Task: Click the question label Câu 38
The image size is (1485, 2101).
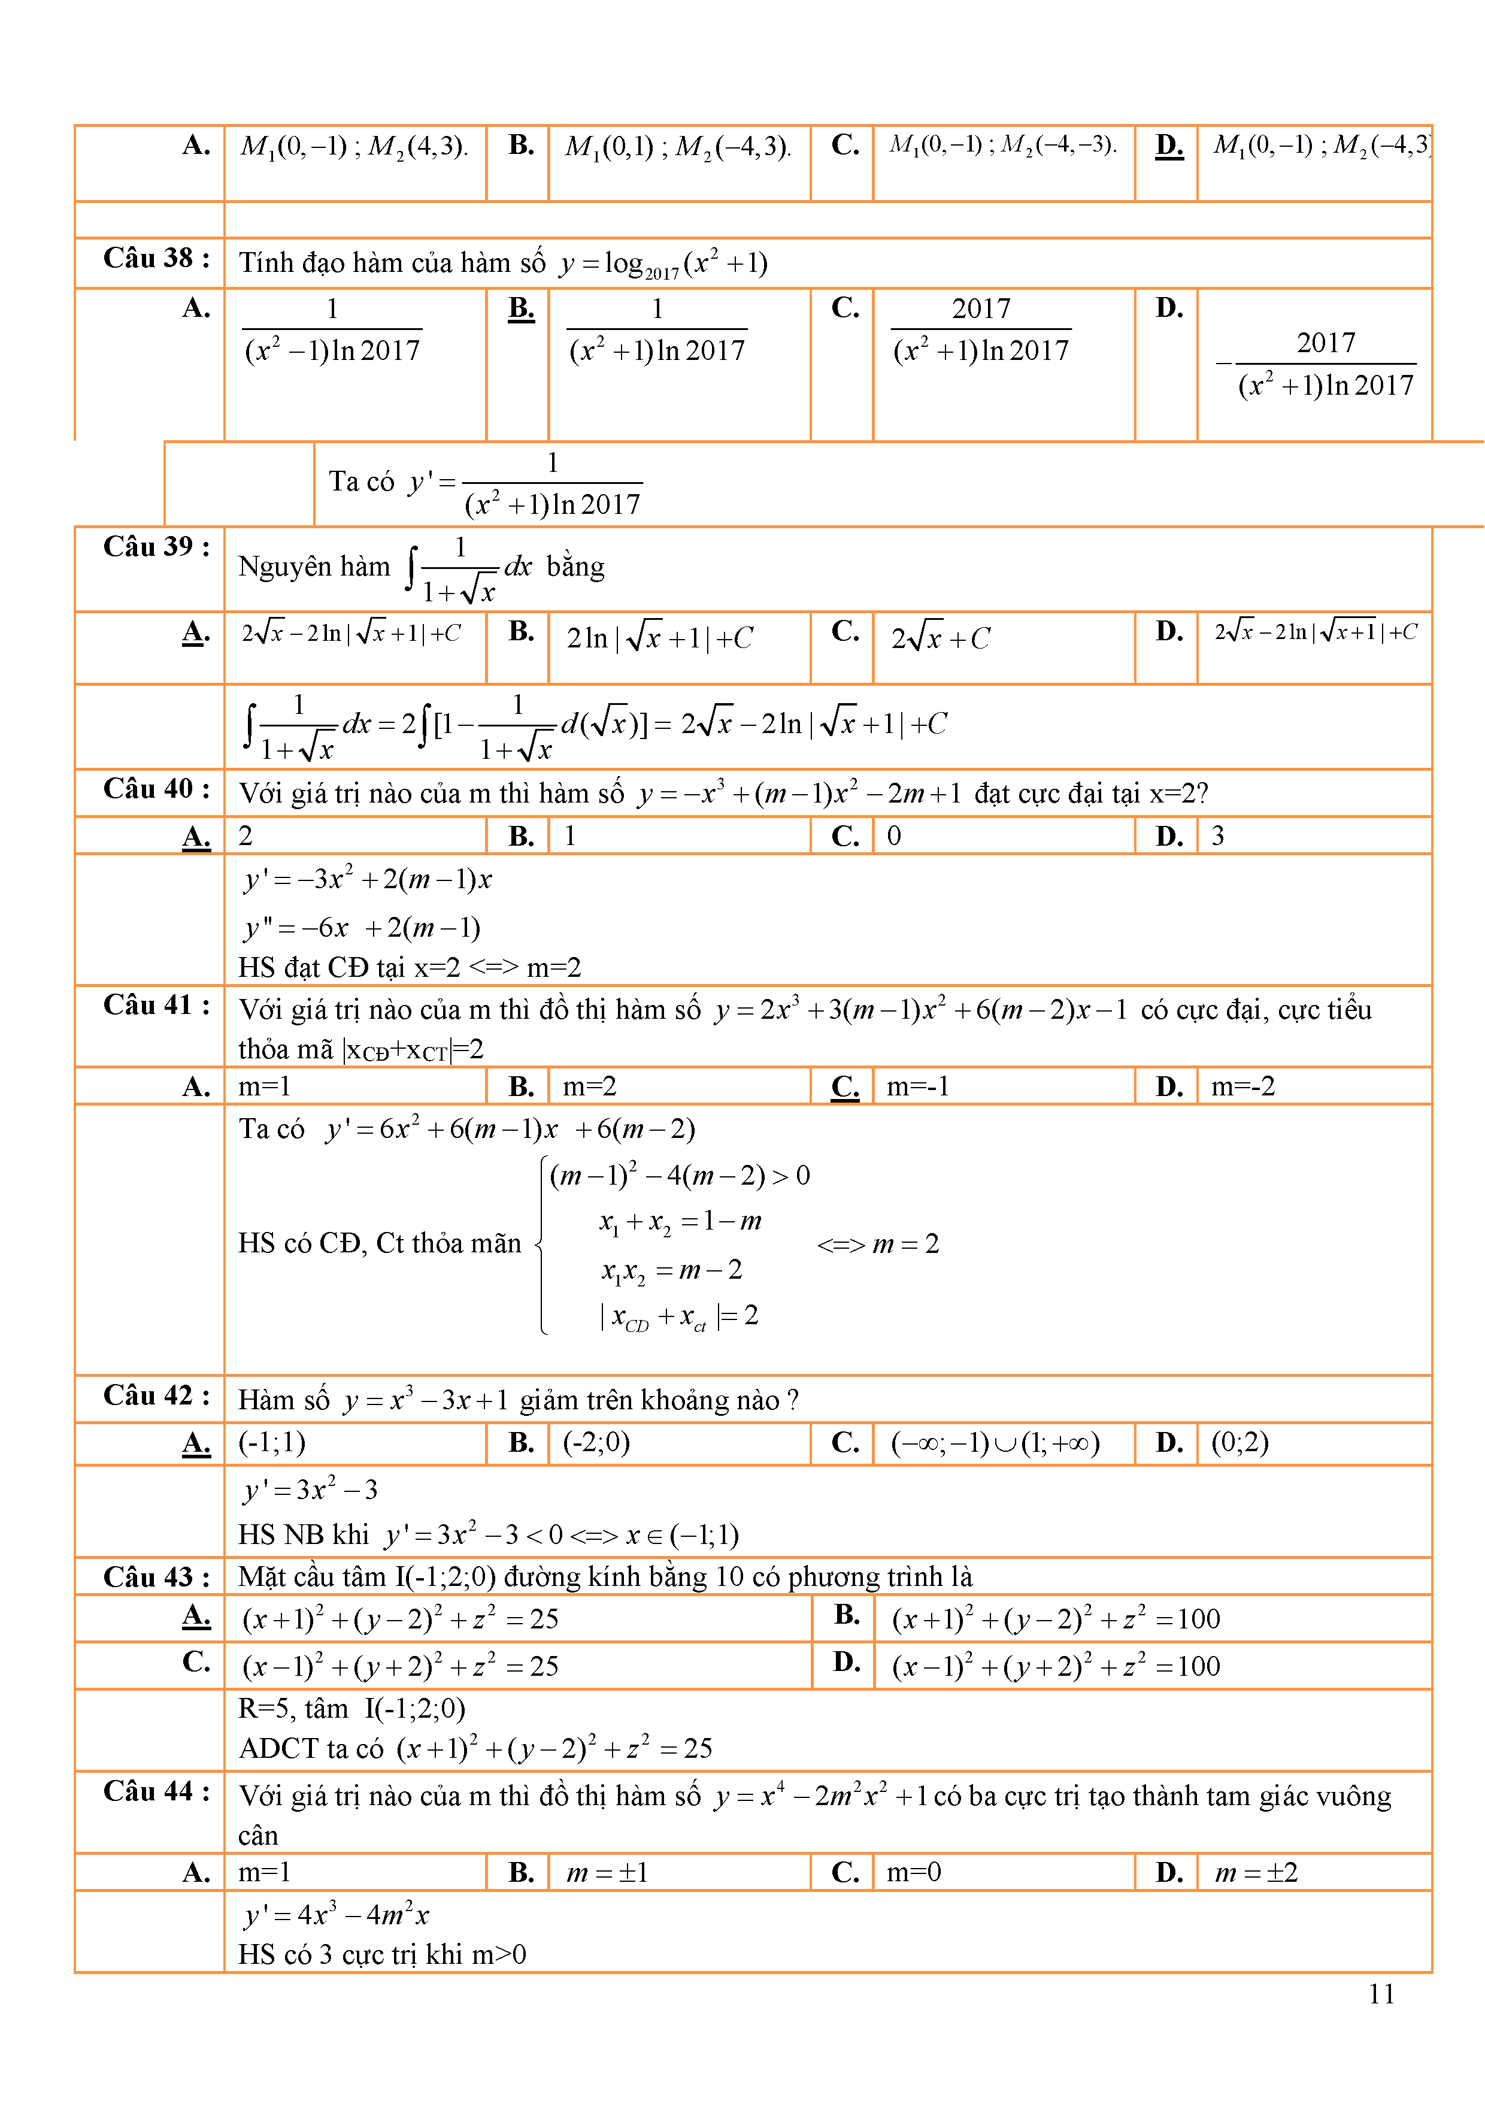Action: pyautogui.click(x=156, y=259)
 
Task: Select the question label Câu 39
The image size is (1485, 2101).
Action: pyautogui.click(x=156, y=547)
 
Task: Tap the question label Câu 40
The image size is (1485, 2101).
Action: pyautogui.click(x=156, y=789)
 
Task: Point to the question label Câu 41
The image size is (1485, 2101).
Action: pyautogui.click(x=156, y=1006)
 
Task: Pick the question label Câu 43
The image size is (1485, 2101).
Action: pyautogui.click(x=156, y=1577)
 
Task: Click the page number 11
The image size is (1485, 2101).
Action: pyautogui.click(x=1381, y=1993)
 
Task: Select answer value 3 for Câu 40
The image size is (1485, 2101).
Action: pyautogui.click(x=1218, y=835)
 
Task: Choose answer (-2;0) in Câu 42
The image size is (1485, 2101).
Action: pyautogui.click(x=596, y=1442)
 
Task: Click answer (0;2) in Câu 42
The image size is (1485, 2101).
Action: pyautogui.click(x=1239, y=1442)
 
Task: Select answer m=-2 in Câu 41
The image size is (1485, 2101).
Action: pyautogui.click(x=1242, y=1086)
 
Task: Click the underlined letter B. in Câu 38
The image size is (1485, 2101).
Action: pyautogui.click(x=520, y=308)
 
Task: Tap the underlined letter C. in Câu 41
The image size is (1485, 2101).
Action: pyautogui.click(x=844, y=1086)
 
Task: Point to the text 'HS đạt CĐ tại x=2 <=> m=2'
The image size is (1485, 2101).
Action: pyautogui.click(x=409, y=967)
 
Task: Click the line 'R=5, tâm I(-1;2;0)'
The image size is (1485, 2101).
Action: pyautogui.click(x=351, y=1709)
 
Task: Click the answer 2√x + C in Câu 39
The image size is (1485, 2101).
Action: pyautogui.click(x=941, y=638)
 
